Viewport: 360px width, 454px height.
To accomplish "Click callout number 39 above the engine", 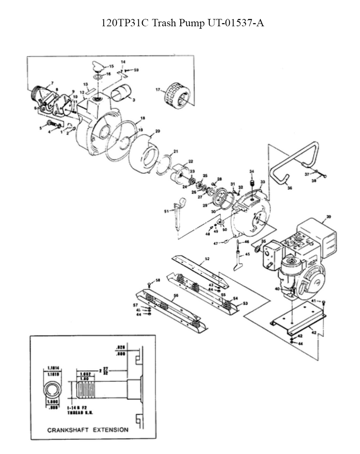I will pyautogui.click(x=328, y=217).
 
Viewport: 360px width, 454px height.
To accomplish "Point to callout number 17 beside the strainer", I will pyautogui.click(x=158, y=90).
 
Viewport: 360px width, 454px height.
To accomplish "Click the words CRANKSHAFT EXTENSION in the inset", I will pyautogui.click(x=88, y=430).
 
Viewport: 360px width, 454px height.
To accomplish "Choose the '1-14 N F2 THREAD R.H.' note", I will pyautogui.click(x=81, y=412).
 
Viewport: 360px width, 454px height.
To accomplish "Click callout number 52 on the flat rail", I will pyautogui.click(x=207, y=259).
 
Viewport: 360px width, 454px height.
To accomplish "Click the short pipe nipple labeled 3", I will pyautogui.click(x=121, y=93).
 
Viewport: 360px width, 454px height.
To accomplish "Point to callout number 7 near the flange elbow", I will pyautogui.click(x=52, y=83).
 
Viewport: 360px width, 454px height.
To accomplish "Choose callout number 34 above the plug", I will pyautogui.click(x=252, y=171).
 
